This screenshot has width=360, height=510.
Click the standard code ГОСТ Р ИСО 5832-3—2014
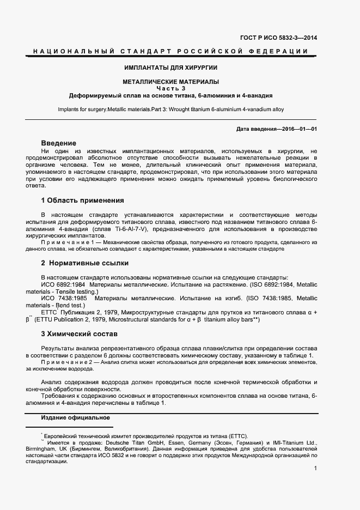coord(278,38)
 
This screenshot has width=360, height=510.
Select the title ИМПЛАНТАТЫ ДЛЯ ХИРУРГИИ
coord(171,68)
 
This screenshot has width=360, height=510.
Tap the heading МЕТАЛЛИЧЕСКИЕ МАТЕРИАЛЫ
coord(171,82)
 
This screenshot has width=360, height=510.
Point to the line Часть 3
coord(171,88)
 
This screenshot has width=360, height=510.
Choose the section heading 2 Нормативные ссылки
coord(84,263)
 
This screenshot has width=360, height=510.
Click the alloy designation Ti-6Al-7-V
coord(117,229)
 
